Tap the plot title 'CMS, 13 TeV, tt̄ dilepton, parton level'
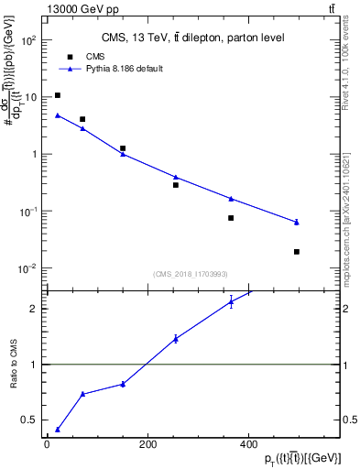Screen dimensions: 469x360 coord(192,38)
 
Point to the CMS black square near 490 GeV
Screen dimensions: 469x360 coord(297,251)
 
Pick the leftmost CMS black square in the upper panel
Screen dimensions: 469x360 coord(58,95)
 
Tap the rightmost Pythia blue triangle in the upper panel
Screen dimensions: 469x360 coord(297,222)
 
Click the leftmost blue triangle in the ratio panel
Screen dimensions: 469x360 coord(58,429)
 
